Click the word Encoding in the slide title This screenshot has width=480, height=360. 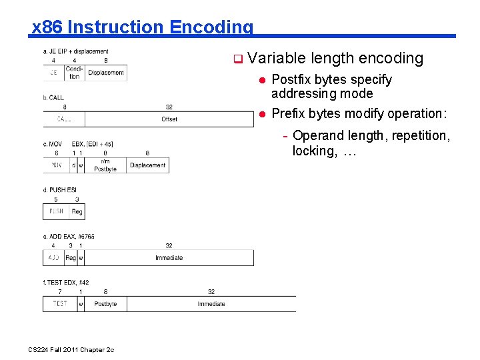tap(211, 27)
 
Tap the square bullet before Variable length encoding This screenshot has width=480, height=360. tap(237, 59)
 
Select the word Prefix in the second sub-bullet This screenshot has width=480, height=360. tap(289, 113)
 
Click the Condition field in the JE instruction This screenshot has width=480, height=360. tap(73, 73)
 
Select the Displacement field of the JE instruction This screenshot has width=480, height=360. tap(106, 73)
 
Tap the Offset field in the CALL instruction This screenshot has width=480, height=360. tap(169, 119)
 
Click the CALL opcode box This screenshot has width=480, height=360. tap(64, 119)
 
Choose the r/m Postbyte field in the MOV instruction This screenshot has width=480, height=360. tap(105, 165)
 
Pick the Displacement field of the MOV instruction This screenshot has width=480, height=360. tap(147, 165)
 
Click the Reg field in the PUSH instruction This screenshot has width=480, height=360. tap(77, 211)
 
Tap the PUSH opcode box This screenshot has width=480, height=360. tap(56, 211)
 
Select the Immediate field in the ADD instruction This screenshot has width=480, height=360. tap(169, 257)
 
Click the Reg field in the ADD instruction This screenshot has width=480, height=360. tap(71, 257)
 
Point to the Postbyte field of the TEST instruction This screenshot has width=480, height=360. tap(105, 304)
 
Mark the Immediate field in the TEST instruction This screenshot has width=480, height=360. tap(211, 304)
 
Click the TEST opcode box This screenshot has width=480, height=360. tap(60, 304)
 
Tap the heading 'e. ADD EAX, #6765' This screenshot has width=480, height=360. tap(69, 236)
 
